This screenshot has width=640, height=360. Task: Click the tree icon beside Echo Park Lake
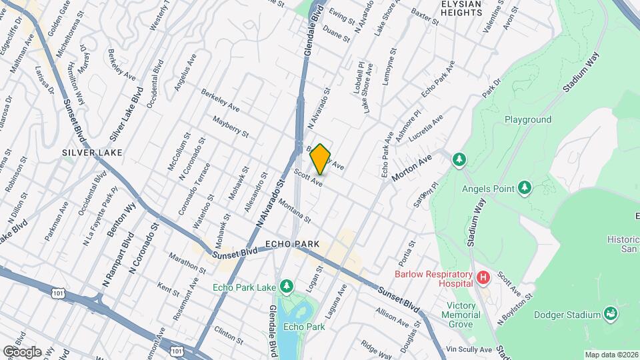(x=287, y=287)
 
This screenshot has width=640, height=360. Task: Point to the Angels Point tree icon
(x=525, y=188)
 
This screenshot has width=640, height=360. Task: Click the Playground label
(x=527, y=120)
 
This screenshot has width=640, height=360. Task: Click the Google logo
(x=22, y=351)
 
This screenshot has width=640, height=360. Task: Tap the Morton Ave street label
(x=412, y=166)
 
